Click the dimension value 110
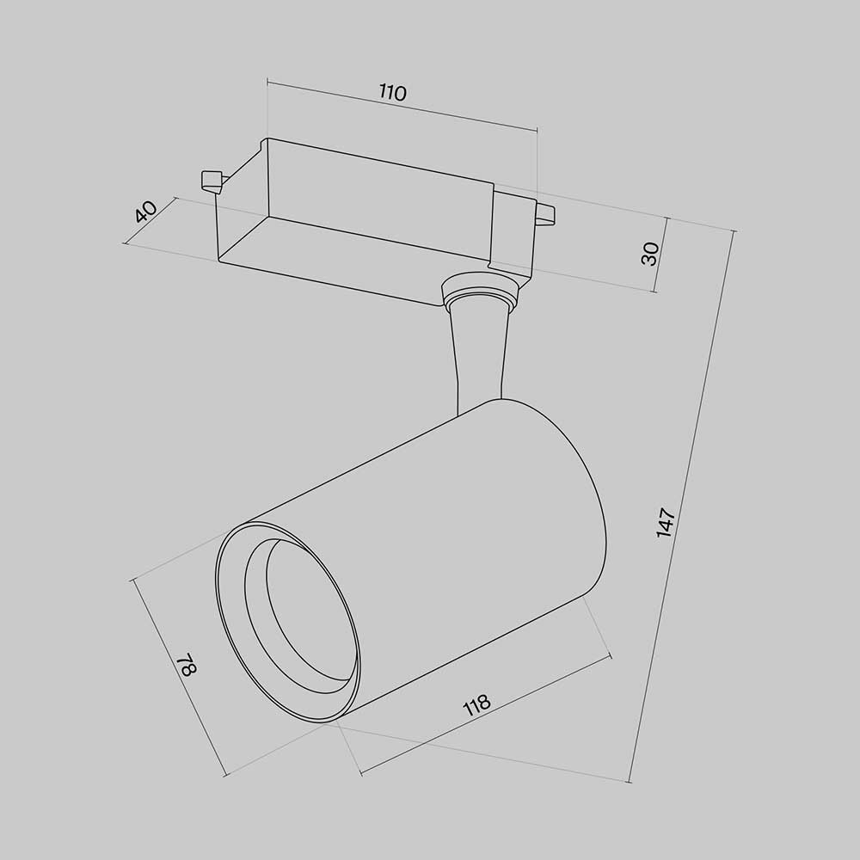tap(392, 93)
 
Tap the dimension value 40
tap(145, 211)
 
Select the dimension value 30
tap(650, 253)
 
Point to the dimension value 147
tap(666, 523)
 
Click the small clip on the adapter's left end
tap(210, 180)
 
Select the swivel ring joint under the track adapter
tap(479, 292)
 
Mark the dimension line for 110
tap(402, 106)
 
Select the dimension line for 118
tap(487, 716)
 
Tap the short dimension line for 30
tap(664, 255)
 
